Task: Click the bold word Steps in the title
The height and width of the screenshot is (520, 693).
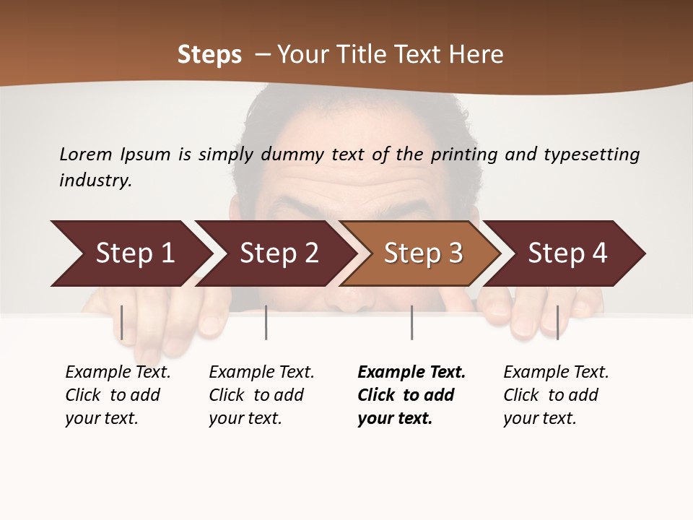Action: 209,54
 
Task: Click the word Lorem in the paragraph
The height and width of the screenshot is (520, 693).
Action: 86,154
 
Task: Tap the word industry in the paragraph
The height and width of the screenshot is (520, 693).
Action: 95,180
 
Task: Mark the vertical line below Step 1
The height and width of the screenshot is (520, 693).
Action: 122,322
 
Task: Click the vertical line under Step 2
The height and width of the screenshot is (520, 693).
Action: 266,322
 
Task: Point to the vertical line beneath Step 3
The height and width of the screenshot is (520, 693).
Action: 411,322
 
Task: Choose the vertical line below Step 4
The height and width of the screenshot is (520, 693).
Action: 557,322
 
